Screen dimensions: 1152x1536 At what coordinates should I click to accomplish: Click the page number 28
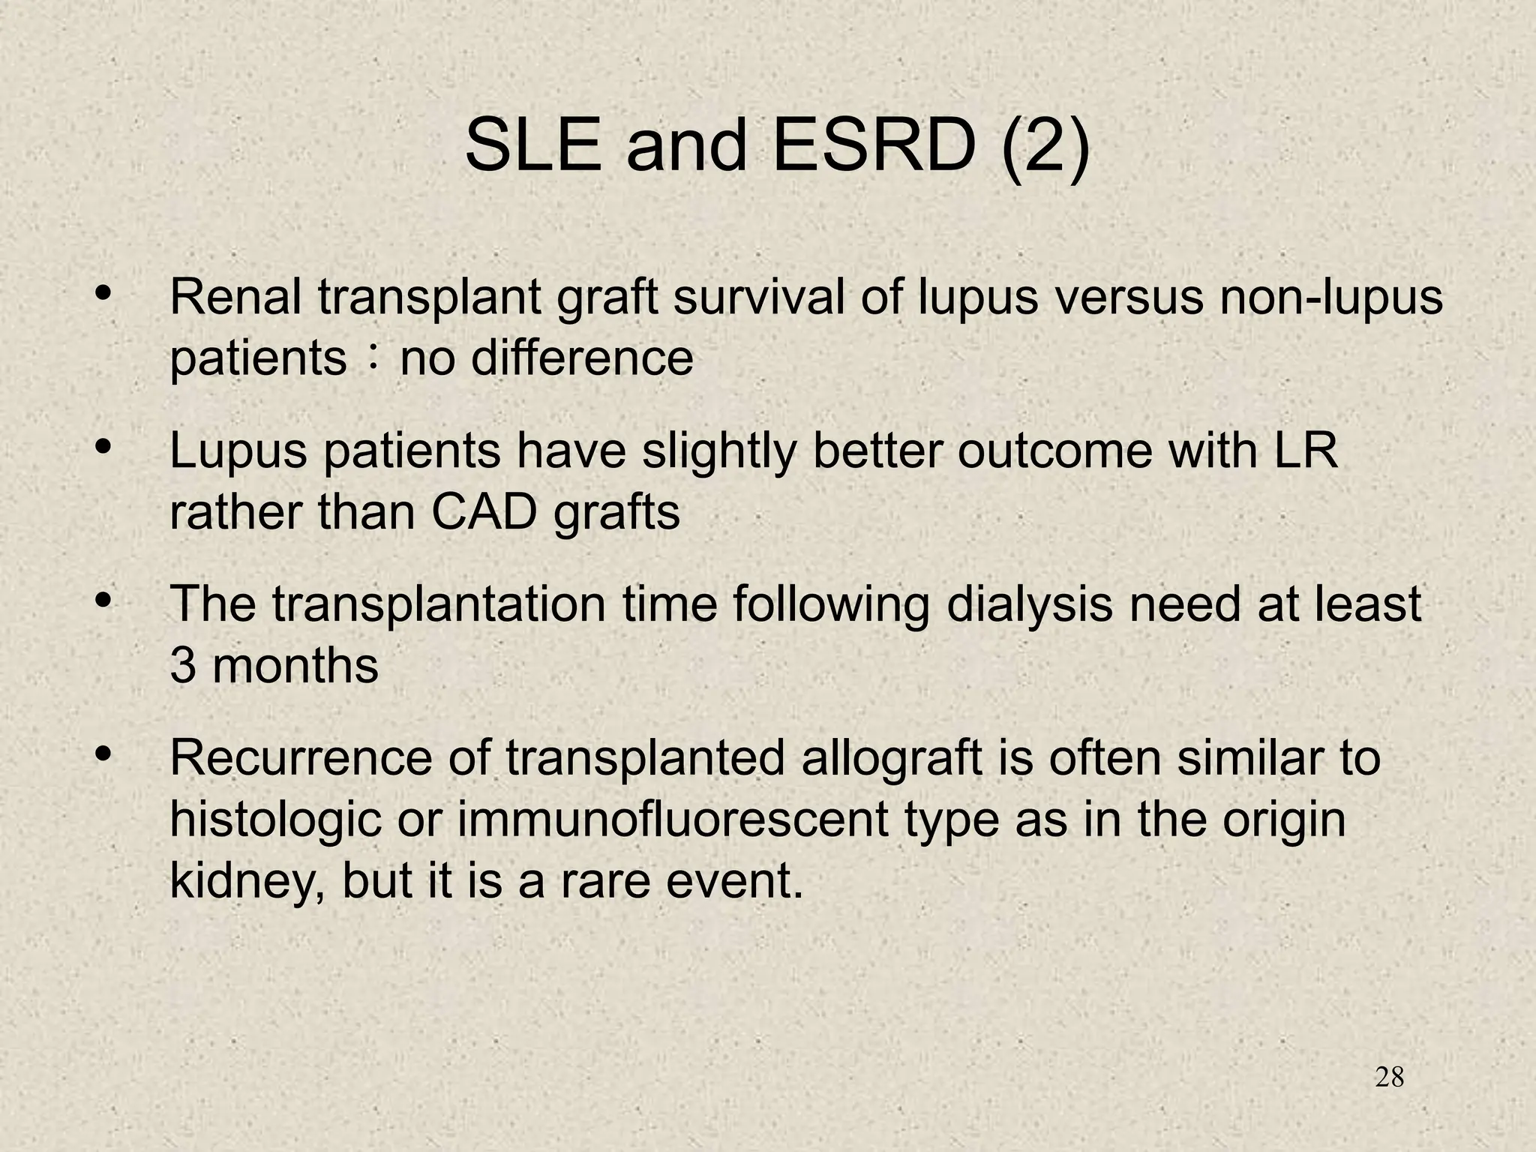[x=1390, y=1078]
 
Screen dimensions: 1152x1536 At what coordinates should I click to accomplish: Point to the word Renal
[x=235, y=297]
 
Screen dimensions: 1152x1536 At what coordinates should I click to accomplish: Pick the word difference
[x=582, y=358]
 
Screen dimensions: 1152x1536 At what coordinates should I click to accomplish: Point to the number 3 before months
[x=182, y=666]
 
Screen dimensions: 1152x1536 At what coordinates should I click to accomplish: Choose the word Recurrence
[x=301, y=757]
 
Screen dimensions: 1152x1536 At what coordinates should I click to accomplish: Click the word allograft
[x=891, y=759]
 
